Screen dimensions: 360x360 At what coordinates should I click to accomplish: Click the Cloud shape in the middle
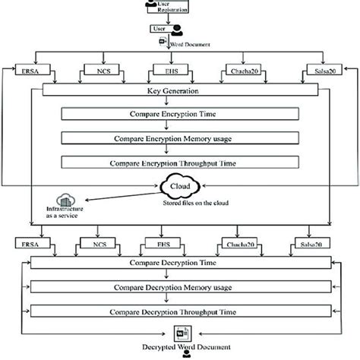tap(181, 185)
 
